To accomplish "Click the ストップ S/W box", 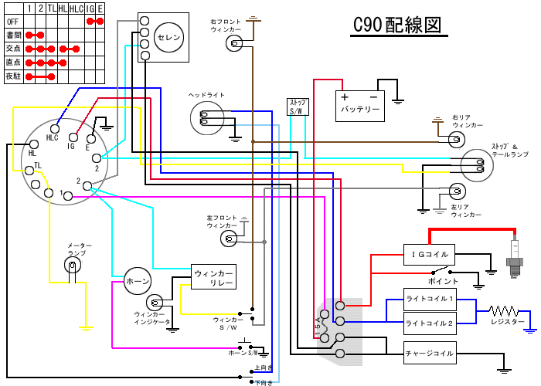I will click(x=298, y=107).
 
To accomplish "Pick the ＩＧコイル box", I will click(x=429, y=254).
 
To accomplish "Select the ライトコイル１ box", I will click(x=430, y=299).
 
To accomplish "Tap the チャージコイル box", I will click(x=430, y=353).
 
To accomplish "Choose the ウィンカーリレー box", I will click(x=213, y=277).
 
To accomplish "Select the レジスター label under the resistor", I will click(x=506, y=321).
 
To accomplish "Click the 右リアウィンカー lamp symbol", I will click(x=456, y=139).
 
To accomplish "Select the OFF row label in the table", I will click(x=12, y=21).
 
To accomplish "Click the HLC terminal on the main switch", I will click(x=53, y=128).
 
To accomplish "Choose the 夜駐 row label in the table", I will click(x=12, y=76).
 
